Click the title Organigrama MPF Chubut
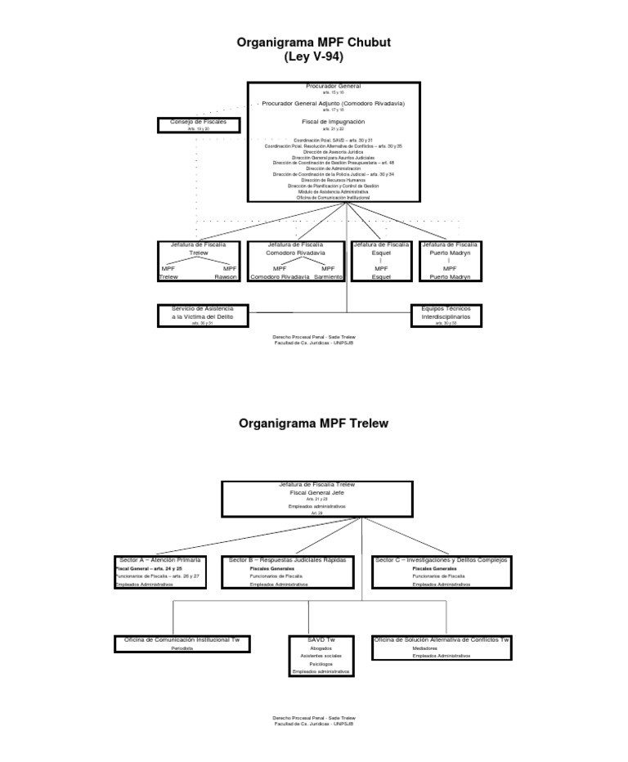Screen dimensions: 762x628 pyautogui.click(x=313, y=42)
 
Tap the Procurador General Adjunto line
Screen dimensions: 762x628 pyautogui.click(x=333, y=104)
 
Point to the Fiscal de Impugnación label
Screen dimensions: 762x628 pyautogui.click(x=334, y=121)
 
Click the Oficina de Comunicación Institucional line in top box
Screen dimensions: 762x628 pyautogui.click(x=333, y=197)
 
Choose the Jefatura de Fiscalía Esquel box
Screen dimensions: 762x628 pyautogui.click(x=382, y=261)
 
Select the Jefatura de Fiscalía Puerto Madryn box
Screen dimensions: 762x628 pyautogui.click(x=451, y=261)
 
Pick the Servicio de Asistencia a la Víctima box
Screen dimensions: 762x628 pyautogui.click(x=201, y=315)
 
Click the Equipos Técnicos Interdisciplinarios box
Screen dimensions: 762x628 pyautogui.click(x=446, y=315)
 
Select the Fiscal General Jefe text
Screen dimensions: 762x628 pyautogui.click(x=317, y=493)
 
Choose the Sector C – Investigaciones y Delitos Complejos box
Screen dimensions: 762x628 pyautogui.click(x=442, y=571)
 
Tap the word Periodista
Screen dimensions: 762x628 pyautogui.click(x=182, y=648)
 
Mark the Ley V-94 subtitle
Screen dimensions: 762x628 pyautogui.click(x=313, y=57)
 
